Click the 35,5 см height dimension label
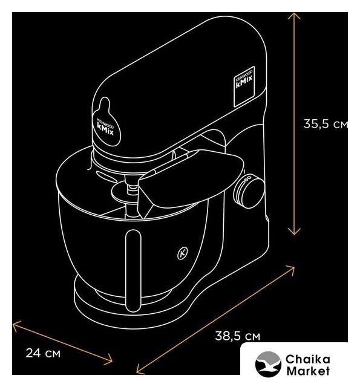tap(326, 123)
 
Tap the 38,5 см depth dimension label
tap(238, 336)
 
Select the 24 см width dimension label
tap(43, 353)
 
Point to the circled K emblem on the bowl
tap(183, 253)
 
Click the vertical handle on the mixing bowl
tap(133, 270)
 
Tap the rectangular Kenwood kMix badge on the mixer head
tap(244, 86)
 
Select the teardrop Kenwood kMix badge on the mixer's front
tap(106, 123)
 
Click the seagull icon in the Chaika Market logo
tap(268, 364)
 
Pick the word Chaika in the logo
tap(307, 359)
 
